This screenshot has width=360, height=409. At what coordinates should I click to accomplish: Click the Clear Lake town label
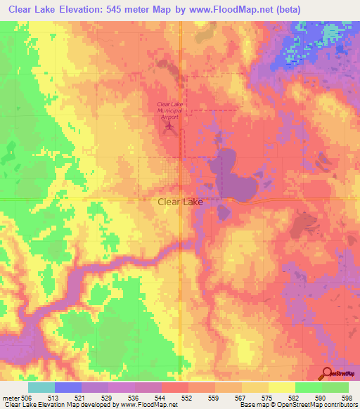pos(179,202)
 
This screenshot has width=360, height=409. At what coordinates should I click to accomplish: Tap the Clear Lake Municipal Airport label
pos(169,111)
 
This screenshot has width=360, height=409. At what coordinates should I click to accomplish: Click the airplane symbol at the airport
pos(169,127)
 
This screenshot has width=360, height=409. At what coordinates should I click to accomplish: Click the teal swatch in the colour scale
pos(41,387)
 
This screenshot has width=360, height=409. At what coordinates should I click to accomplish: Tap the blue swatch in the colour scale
pos(68,387)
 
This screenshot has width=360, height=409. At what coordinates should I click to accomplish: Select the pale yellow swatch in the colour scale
pos(282,387)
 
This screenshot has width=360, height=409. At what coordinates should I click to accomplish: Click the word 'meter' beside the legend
pos(11,398)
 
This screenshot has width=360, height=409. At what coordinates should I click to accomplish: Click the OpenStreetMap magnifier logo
pos(327,373)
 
